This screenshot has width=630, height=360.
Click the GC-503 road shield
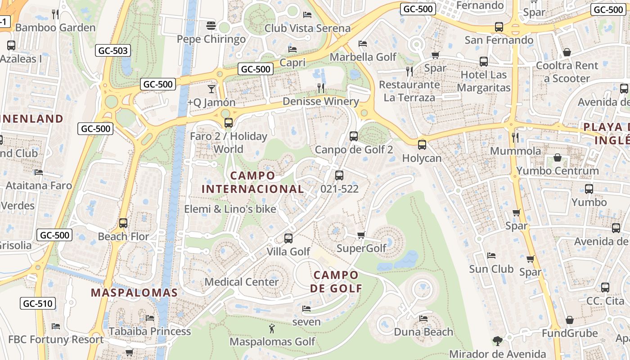[x=113, y=50]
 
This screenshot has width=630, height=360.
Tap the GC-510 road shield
[x=38, y=303]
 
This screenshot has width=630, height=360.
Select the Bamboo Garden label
[x=55, y=27]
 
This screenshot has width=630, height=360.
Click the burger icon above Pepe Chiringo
[x=211, y=26]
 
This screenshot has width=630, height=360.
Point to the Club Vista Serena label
[x=307, y=28]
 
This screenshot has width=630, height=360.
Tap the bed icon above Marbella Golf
[x=363, y=44]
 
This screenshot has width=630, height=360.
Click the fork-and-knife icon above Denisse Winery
[x=321, y=88]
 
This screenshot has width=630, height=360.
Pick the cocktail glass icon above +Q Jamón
[x=211, y=89]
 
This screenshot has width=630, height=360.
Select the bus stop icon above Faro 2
[x=229, y=122]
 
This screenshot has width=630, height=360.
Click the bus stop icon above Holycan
[x=422, y=144]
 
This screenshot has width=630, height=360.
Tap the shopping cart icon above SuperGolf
[x=361, y=235]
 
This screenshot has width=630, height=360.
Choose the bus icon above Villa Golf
[x=288, y=238]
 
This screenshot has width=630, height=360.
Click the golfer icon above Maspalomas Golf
[x=272, y=328]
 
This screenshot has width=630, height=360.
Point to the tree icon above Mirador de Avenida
[x=497, y=341]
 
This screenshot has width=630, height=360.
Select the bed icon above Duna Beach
[x=423, y=319]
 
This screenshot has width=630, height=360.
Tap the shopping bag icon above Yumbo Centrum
[x=558, y=157]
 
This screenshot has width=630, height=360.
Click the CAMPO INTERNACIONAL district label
[x=252, y=182]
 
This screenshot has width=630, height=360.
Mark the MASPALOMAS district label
[x=135, y=292]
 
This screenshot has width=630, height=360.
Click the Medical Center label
[x=242, y=282]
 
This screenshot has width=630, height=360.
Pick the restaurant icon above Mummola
[x=515, y=137]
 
